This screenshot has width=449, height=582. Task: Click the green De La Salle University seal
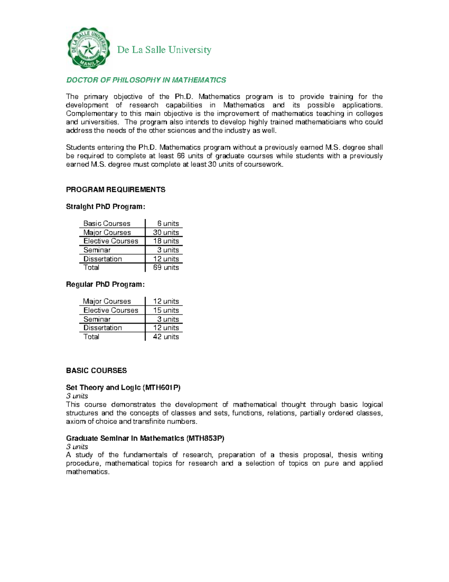89,48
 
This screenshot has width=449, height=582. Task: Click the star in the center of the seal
89,48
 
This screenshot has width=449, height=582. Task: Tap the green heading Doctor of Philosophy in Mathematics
146,80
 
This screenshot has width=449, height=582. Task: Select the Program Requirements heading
116,190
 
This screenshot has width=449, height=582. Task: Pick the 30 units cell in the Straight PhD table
166,232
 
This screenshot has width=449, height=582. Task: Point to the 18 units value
166,241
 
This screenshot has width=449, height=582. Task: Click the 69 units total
166,268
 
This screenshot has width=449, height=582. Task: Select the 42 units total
166,337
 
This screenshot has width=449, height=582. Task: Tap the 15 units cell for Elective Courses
166,310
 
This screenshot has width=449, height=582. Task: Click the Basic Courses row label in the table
107,223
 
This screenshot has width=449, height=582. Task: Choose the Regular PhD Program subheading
105,284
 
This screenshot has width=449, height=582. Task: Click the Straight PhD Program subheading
105,206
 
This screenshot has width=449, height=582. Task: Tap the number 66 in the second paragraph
181,156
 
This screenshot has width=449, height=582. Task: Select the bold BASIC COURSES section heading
96,371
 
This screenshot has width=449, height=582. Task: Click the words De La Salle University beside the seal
164,50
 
